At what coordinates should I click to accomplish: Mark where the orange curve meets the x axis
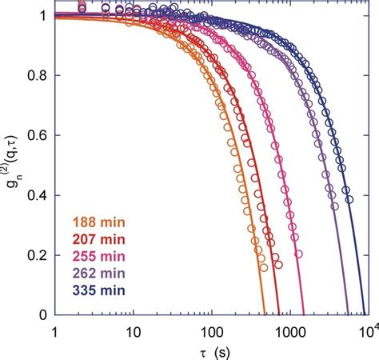pos(265,315)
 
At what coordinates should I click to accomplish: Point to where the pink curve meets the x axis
pos(305,315)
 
